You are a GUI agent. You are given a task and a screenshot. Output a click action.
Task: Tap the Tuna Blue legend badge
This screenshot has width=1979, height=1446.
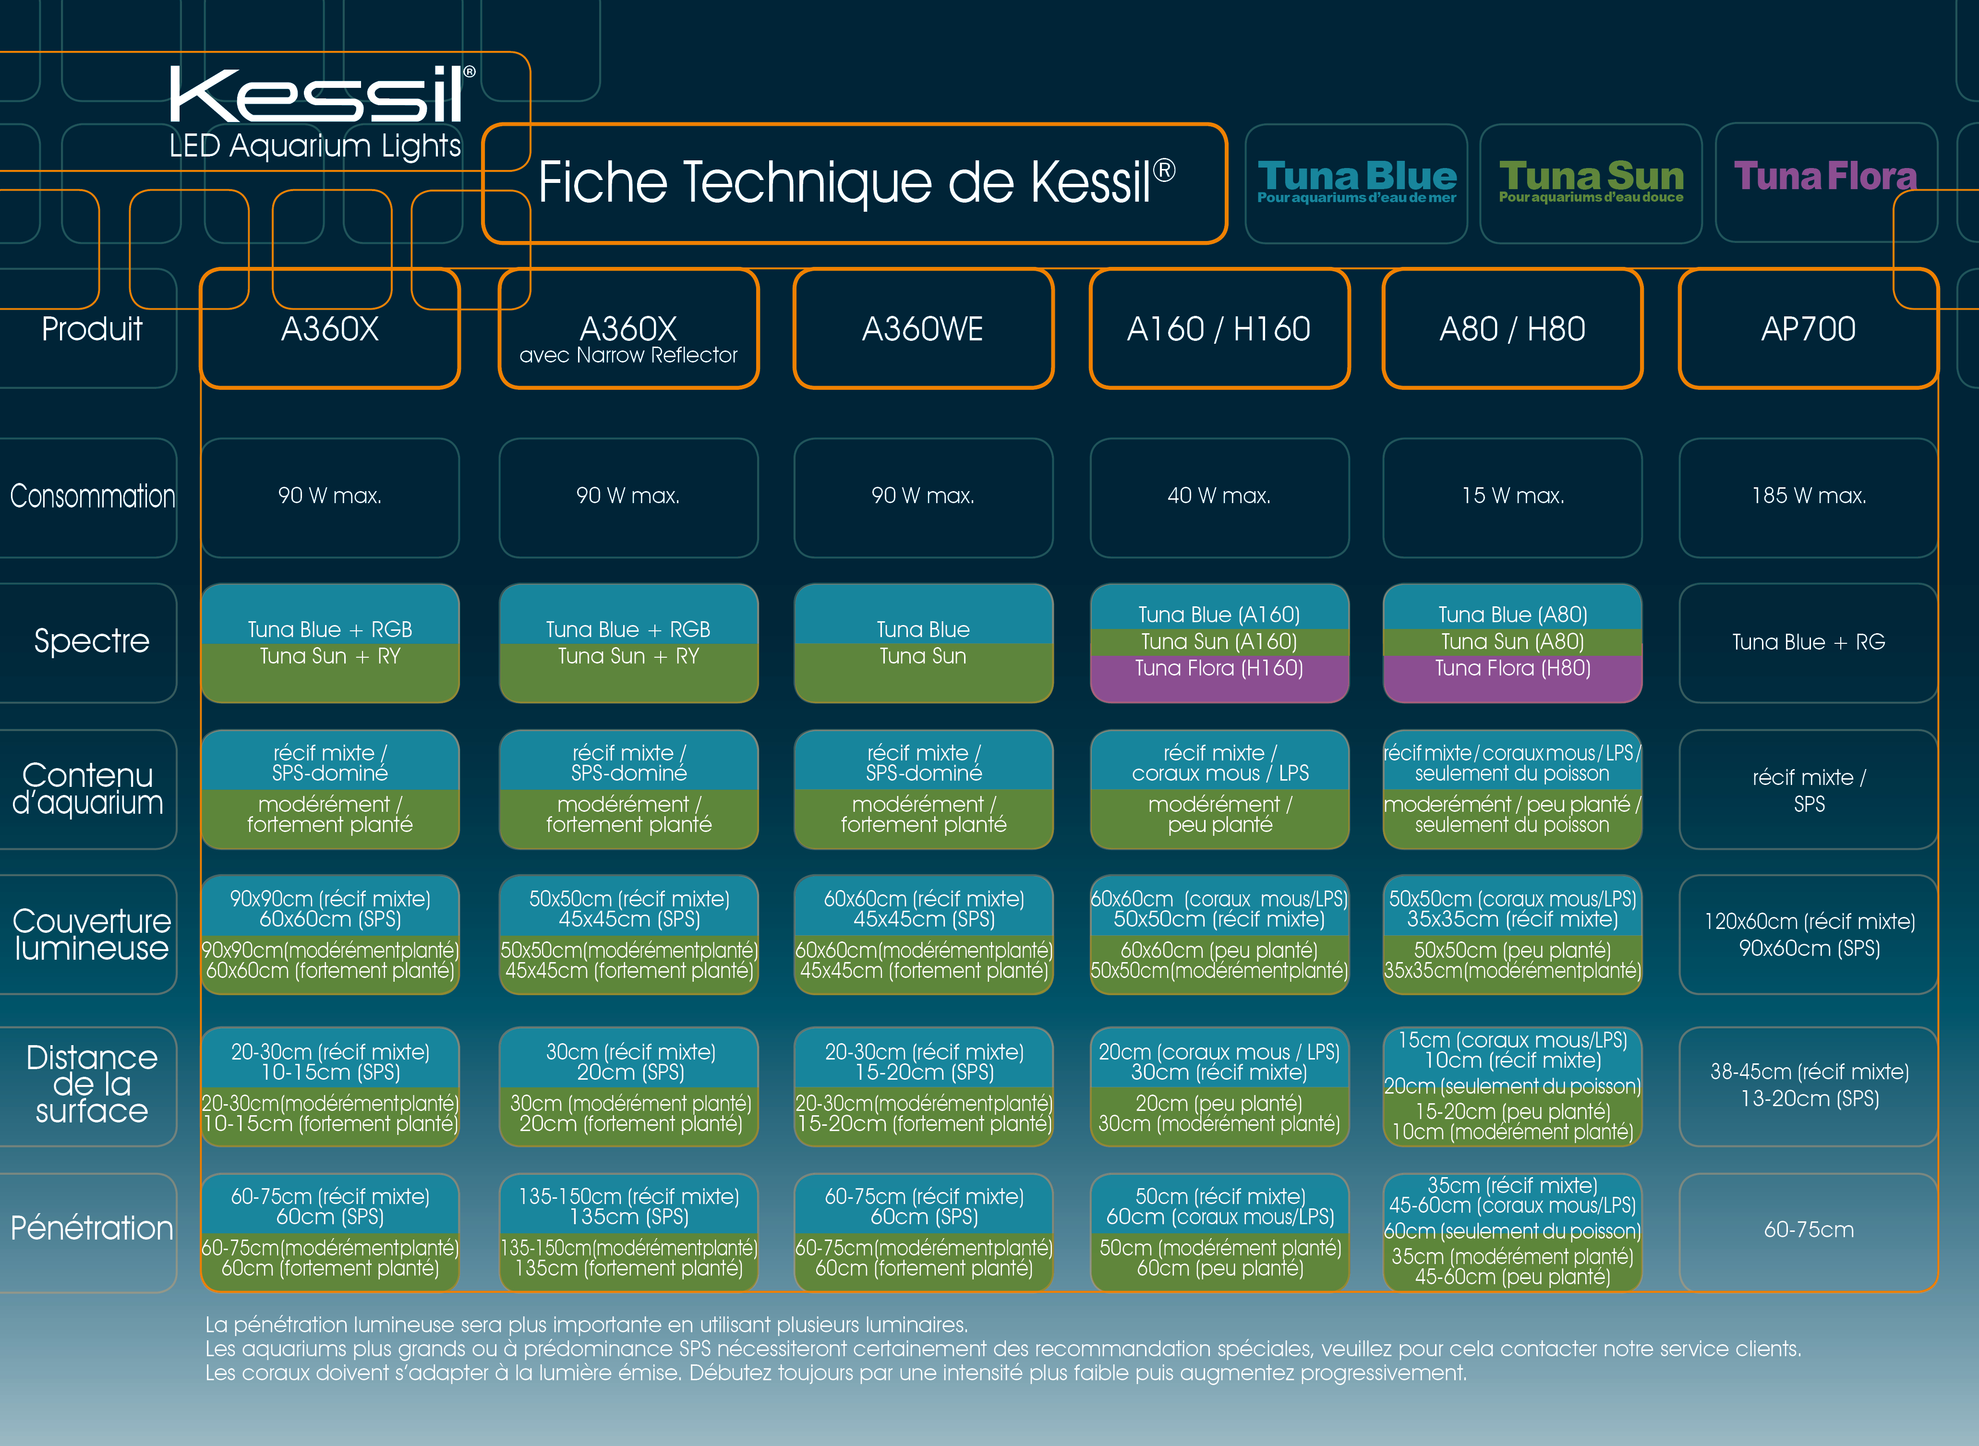[1356, 183]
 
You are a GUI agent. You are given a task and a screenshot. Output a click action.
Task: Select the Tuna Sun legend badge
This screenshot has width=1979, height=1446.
[1591, 183]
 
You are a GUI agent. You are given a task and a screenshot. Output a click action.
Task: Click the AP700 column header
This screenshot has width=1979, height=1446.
[1808, 328]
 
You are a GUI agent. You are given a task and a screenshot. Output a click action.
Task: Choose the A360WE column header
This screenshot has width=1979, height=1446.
[923, 328]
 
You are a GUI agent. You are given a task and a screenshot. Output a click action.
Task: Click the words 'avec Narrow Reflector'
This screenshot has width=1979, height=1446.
[628, 354]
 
